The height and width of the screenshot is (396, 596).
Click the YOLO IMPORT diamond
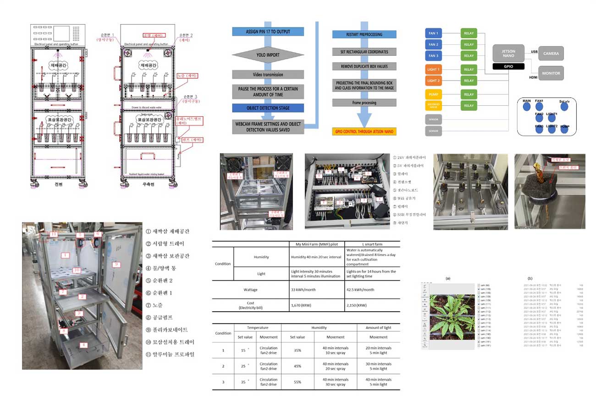[x=268, y=55]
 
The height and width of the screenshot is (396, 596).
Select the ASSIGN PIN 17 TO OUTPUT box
[x=268, y=32]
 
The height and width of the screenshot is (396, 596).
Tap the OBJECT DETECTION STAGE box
[x=268, y=108]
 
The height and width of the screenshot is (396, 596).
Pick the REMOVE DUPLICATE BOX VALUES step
[x=364, y=66]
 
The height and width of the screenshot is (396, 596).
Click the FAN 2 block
[x=433, y=45]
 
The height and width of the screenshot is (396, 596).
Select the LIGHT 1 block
[x=433, y=70]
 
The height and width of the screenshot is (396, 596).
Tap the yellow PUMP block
[x=433, y=94]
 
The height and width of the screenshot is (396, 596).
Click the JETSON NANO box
[x=508, y=54]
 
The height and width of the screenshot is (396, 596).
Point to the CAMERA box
[x=551, y=54]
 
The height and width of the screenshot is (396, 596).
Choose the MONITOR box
[x=551, y=73]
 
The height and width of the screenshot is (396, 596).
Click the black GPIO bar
[x=508, y=66]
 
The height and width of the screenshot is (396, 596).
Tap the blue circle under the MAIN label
[x=526, y=107]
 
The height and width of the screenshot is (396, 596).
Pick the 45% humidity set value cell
[x=297, y=366]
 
